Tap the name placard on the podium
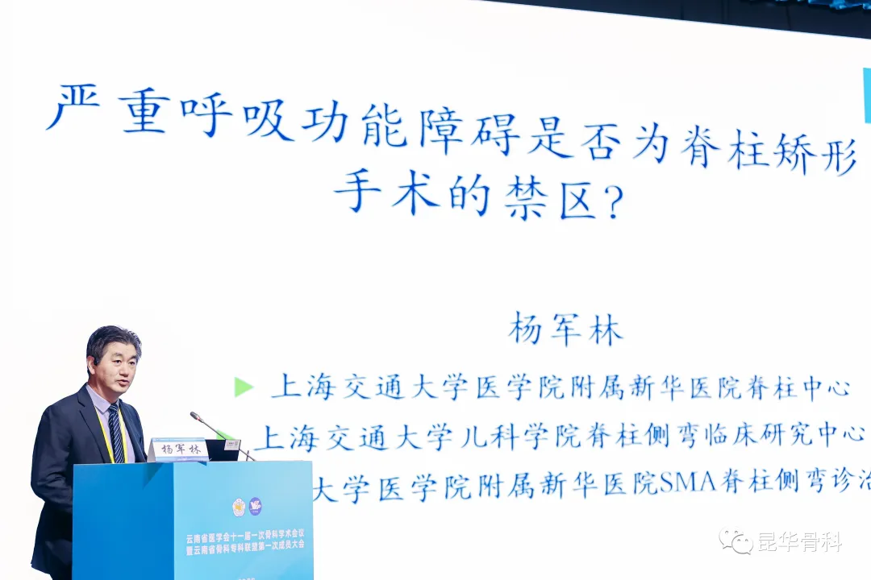coord(178,449)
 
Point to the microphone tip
coord(194,416)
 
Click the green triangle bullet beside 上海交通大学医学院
coord(243,387)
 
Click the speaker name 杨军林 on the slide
coord(565,329)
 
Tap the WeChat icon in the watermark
coord(736,541)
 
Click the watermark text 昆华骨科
coord(798,542)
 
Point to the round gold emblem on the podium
coord(239,507)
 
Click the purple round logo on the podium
coord(255,507)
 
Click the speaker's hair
coord(112,338)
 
